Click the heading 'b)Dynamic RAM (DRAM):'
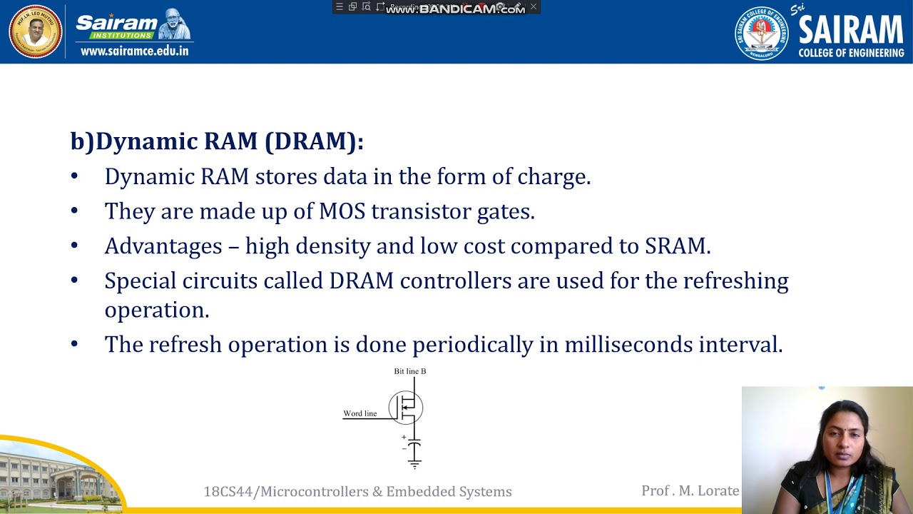pyautogui.click(x=217, y=141)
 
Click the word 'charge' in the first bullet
pyautogui.click(x=557, y=177)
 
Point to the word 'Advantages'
pyautogui.click(x=163, y=246)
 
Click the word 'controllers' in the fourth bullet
pyautogui.click(x=456, y=281)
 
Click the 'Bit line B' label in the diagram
pyautogui.click(x=410, y=371)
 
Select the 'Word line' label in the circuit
pyautogui.click(x=360, y=413)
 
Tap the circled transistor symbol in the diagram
pyautogui.click(x=406, y=408)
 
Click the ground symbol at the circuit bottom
pyautogui.click(x=414, y=465)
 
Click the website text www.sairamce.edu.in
pyautogui.click(x=135, y=51)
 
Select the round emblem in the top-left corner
pyautogui.click(x=35, y=31)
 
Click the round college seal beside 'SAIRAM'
pyautogui.click(x=762, y=33)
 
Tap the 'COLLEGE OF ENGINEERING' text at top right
pyautogui.click(x=851, y=53)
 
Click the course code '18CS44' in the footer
pyautogui.click(x=228, y=492)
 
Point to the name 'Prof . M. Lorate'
pyautogui.click(x=690, y=490)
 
